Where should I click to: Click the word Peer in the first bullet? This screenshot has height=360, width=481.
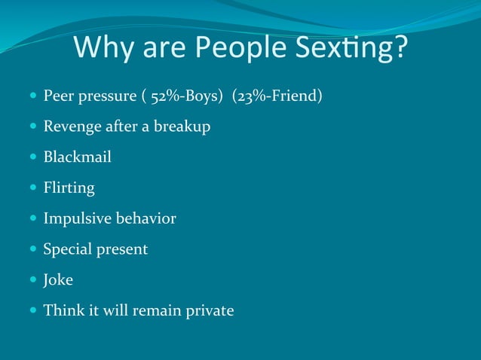pos(57,96)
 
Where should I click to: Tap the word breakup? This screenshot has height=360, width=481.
pos(182,127)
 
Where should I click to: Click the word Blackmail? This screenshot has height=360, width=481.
pos(77,157)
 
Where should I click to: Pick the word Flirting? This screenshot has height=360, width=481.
pos(69,188)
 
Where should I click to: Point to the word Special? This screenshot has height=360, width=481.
pos(66,249)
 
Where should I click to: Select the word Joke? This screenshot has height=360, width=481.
pos(58,279)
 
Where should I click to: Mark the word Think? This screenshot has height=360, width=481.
pos(61,310)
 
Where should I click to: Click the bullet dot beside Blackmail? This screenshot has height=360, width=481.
pos(32,157)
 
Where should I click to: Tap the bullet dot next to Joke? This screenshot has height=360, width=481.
pos(32,279)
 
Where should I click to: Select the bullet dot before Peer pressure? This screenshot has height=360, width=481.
pos(32,96)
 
